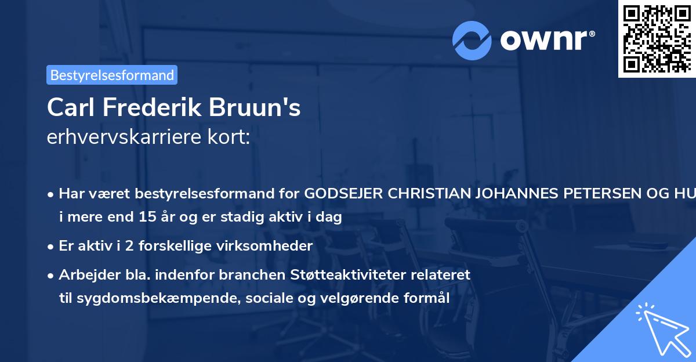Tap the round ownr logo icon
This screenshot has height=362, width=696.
472,41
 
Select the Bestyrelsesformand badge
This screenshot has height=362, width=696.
112,75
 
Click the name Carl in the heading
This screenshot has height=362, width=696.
68,107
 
